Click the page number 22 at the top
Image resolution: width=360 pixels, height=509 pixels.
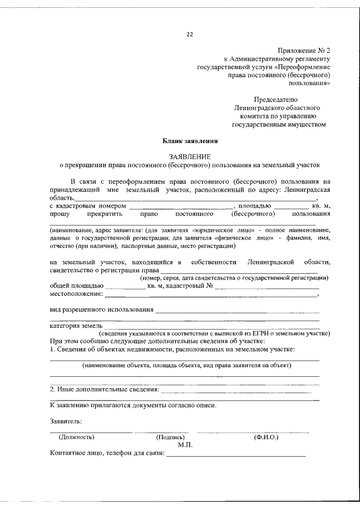coord(190,34)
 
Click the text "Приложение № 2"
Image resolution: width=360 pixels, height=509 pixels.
coord(304,50)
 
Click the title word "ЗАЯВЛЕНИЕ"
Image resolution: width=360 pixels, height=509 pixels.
coord(190,156)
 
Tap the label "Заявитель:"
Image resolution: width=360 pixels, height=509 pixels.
coord(66,421)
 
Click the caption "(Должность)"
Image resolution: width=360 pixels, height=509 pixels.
coord(76,436)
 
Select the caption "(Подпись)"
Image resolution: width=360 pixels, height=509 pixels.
coord(170,436)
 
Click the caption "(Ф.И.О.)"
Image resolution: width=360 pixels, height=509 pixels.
coord(266,436)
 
